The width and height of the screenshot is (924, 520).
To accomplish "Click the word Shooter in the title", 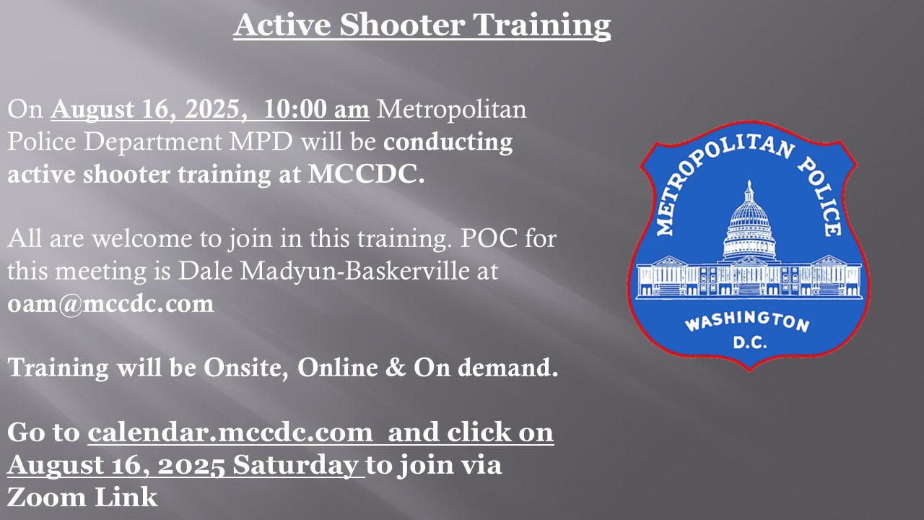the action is (402, 25).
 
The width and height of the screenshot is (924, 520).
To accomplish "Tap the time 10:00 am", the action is (316, 109).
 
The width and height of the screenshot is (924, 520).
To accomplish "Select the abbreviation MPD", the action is (261, 142).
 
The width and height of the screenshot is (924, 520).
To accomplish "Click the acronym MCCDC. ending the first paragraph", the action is (366, 174).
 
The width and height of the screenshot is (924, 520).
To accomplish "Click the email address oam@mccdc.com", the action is (110, 303).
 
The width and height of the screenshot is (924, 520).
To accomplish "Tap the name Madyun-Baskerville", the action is (354, 271).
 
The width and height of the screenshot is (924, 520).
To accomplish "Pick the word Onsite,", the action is (246, 368).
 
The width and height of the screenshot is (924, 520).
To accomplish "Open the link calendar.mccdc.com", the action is (230, 432).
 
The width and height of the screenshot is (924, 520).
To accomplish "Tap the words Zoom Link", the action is (82, 497).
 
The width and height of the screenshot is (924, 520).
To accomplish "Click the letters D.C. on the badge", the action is (749, 342).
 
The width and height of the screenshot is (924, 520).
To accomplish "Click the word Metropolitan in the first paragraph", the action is (452, 109).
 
